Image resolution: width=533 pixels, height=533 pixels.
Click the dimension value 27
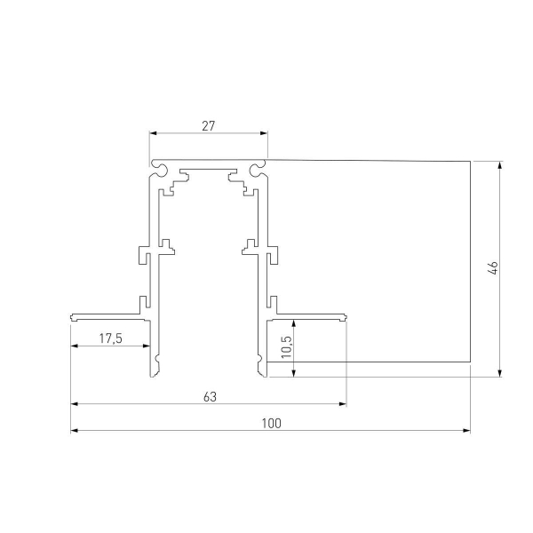[x=208, y=125]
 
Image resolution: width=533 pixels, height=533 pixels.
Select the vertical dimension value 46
[x=492, y=268]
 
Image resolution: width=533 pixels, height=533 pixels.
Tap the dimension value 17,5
[x=110, y=338]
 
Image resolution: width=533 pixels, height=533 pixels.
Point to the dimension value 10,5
[x=284, y=344]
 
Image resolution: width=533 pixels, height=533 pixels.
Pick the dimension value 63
[x=210, y=396]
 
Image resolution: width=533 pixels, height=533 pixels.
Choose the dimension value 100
[x=271, y=424]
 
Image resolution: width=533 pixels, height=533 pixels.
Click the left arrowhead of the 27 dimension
[x=152, y=134]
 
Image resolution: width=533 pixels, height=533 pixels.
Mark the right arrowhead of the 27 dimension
[x=265, y=134]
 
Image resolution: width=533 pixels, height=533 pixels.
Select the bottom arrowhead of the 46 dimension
[x=501, y=372]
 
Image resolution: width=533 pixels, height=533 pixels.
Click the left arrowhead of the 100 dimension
[x=74, y=432]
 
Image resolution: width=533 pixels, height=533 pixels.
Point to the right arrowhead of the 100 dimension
[x=467, y=432]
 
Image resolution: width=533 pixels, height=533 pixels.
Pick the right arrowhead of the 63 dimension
[x=344, y=404]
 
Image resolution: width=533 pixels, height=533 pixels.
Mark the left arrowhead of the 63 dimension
[x=74, y=404]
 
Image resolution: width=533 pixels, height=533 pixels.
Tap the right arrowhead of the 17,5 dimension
[x=147, y=346]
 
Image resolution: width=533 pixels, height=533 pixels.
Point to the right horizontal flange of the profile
[x=311, y=315]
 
